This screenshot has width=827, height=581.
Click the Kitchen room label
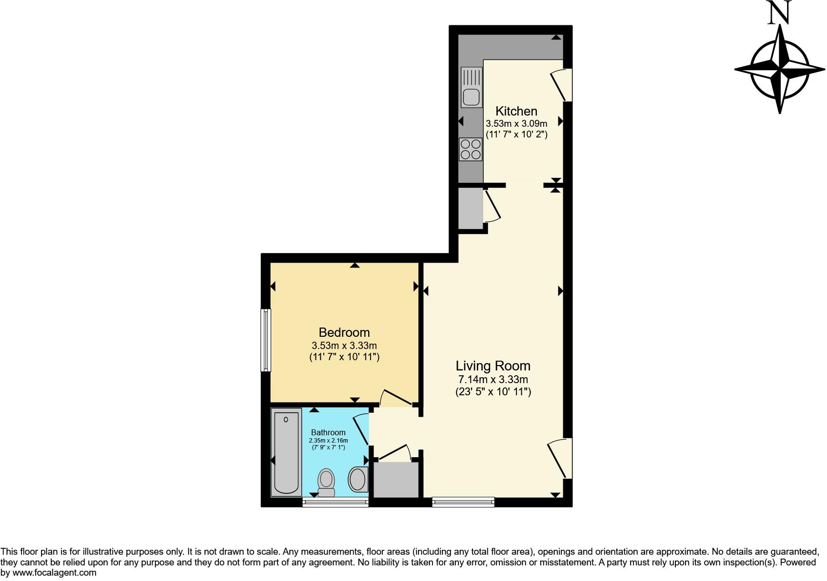[x=516, y=111]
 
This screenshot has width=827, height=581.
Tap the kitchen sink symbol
[x=472, y=88]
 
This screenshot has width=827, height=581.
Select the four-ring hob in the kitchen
[x=471, y=149]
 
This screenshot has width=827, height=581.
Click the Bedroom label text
[x=344, y=332]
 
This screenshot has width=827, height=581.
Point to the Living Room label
[x=492, y=366]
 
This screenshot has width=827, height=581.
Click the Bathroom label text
[x=328, y=432]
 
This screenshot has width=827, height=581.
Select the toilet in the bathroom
[x=326, y=481]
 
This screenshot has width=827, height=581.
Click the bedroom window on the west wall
[x=266, y=340]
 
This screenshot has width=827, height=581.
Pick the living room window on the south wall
[x=463, y=502]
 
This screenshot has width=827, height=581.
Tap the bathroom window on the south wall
[x=335, y=502]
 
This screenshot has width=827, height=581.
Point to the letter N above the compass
[x=779, y=13]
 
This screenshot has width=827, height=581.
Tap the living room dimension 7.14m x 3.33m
[x=492, y=379]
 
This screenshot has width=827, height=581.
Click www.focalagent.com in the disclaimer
[x=54, y=573]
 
